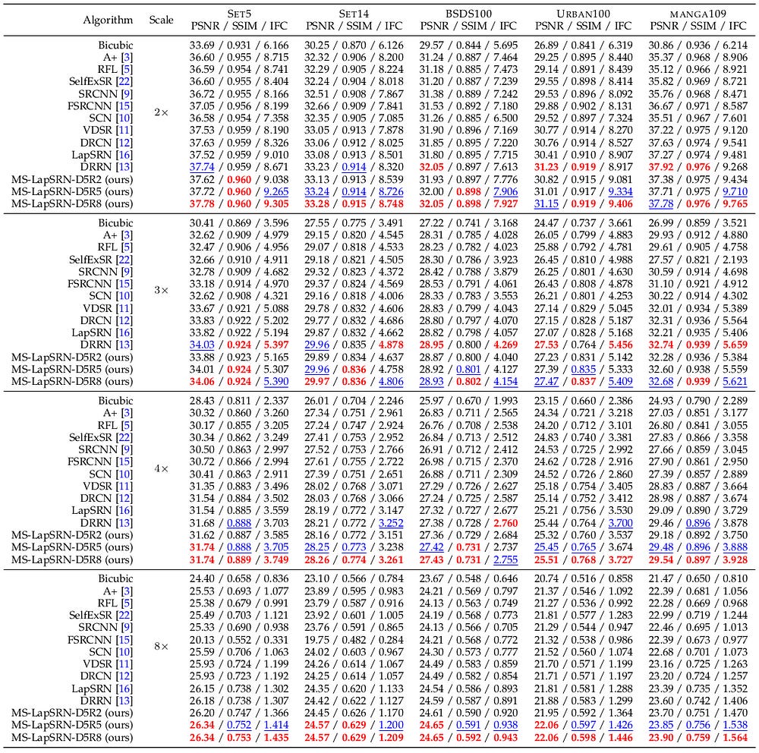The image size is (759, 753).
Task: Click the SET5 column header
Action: click(239, 14)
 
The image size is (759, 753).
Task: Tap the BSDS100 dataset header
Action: click(468, 14)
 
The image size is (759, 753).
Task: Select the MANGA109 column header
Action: click(698, 14)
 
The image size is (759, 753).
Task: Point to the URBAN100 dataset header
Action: click(583, 14)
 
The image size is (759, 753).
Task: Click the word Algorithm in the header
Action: click(108, 20)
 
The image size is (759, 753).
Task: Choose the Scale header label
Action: click(161, 20)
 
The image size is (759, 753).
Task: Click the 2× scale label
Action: click(161, 112)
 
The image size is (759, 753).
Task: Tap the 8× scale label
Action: click(161, 646)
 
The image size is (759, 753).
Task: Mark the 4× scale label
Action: click(161, 468)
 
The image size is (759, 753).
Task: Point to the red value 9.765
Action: click(734, 204)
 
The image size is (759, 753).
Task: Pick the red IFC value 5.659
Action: click(734, 345)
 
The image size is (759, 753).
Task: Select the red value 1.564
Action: click(734, 738)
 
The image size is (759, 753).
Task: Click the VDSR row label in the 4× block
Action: click(108, 486)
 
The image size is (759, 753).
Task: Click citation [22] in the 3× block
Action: click(124, 260)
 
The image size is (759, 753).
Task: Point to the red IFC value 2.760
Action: click(505, 523)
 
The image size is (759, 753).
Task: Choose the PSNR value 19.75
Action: click(317, 640)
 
